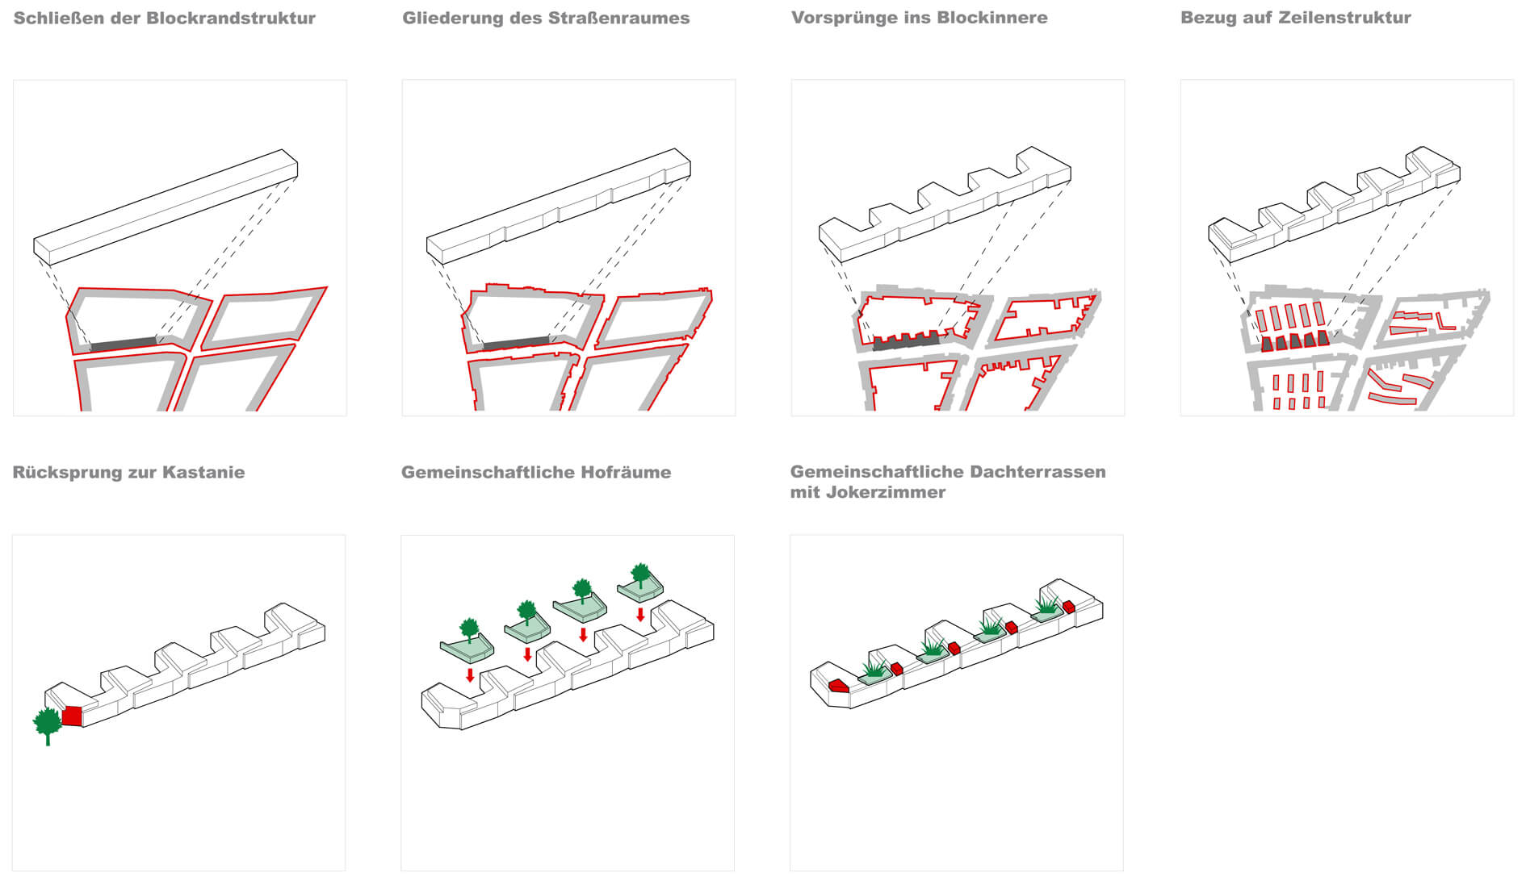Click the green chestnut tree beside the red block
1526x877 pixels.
(x=47, y=725)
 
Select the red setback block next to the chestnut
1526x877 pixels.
(x=73, y=716)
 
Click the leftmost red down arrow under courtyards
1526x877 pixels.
(x=470, y=674)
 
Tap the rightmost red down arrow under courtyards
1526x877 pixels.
(x=640, y=615)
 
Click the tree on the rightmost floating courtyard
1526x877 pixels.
(x=640, y=575)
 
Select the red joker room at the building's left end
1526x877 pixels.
(x=838, y=686)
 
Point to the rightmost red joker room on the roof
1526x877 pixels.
(x=1069, y=607)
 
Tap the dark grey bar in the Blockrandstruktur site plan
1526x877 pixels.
(x=124, y=344)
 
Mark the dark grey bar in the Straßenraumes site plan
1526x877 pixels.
(x=516, y=344)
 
